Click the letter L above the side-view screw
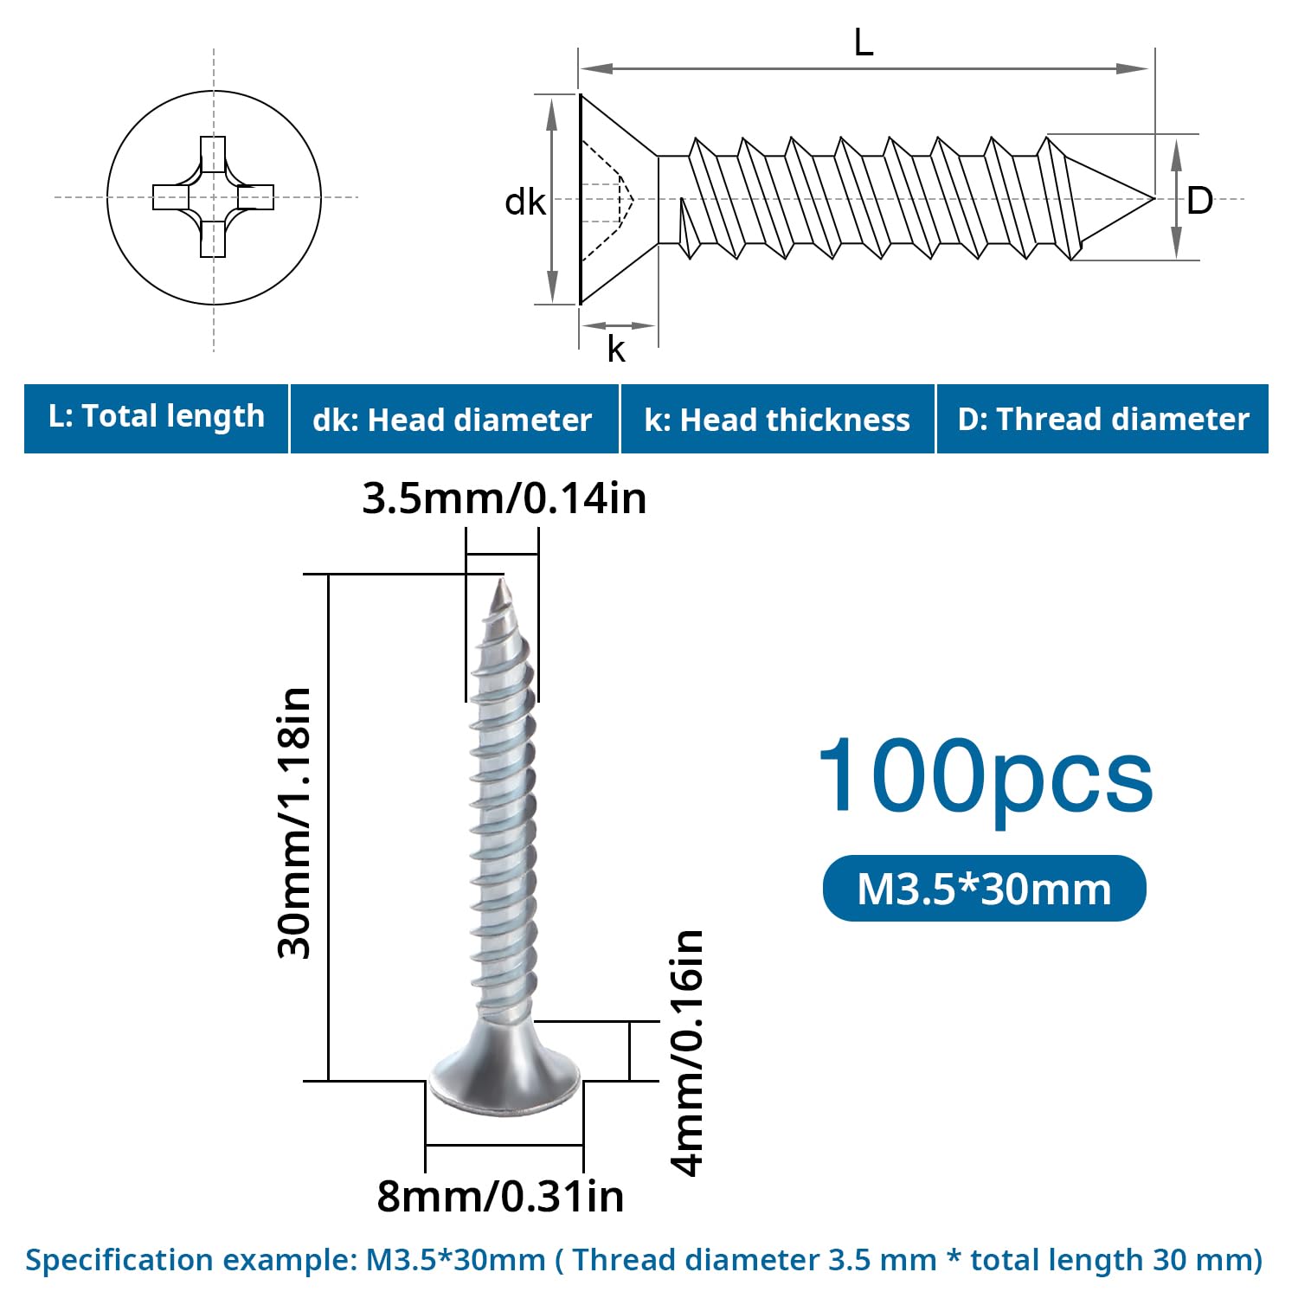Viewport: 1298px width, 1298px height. [x=864, y=42]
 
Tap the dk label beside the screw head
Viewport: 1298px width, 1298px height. [x=525, y=202]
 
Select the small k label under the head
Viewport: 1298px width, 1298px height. [x=615, y=349]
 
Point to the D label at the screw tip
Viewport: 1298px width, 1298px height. [x=1199, y=201]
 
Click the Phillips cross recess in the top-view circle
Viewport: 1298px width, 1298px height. [x=213, y=197]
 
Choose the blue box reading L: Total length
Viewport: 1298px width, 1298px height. [x=156, y=419]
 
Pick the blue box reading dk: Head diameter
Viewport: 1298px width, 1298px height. [x=454, y=419]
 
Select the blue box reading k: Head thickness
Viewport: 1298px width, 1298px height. [x=778, y=419]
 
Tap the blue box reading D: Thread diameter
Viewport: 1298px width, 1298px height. [x=1103, y=419]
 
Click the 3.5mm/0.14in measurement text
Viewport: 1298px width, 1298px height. [x=504, y=498]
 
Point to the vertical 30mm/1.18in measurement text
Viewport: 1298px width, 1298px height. [x=294, y=823]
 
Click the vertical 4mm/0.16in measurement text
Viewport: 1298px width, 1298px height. [x=688, y=1052]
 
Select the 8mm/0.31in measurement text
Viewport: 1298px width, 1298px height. [x=500, y=1197]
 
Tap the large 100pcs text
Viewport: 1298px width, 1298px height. [x=985, y=776]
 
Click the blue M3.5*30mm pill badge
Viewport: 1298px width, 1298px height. [x=984, y=889]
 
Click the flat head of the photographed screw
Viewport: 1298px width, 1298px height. [x=506, y=1077]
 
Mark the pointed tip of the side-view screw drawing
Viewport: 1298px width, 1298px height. [x=1153, y=198]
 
